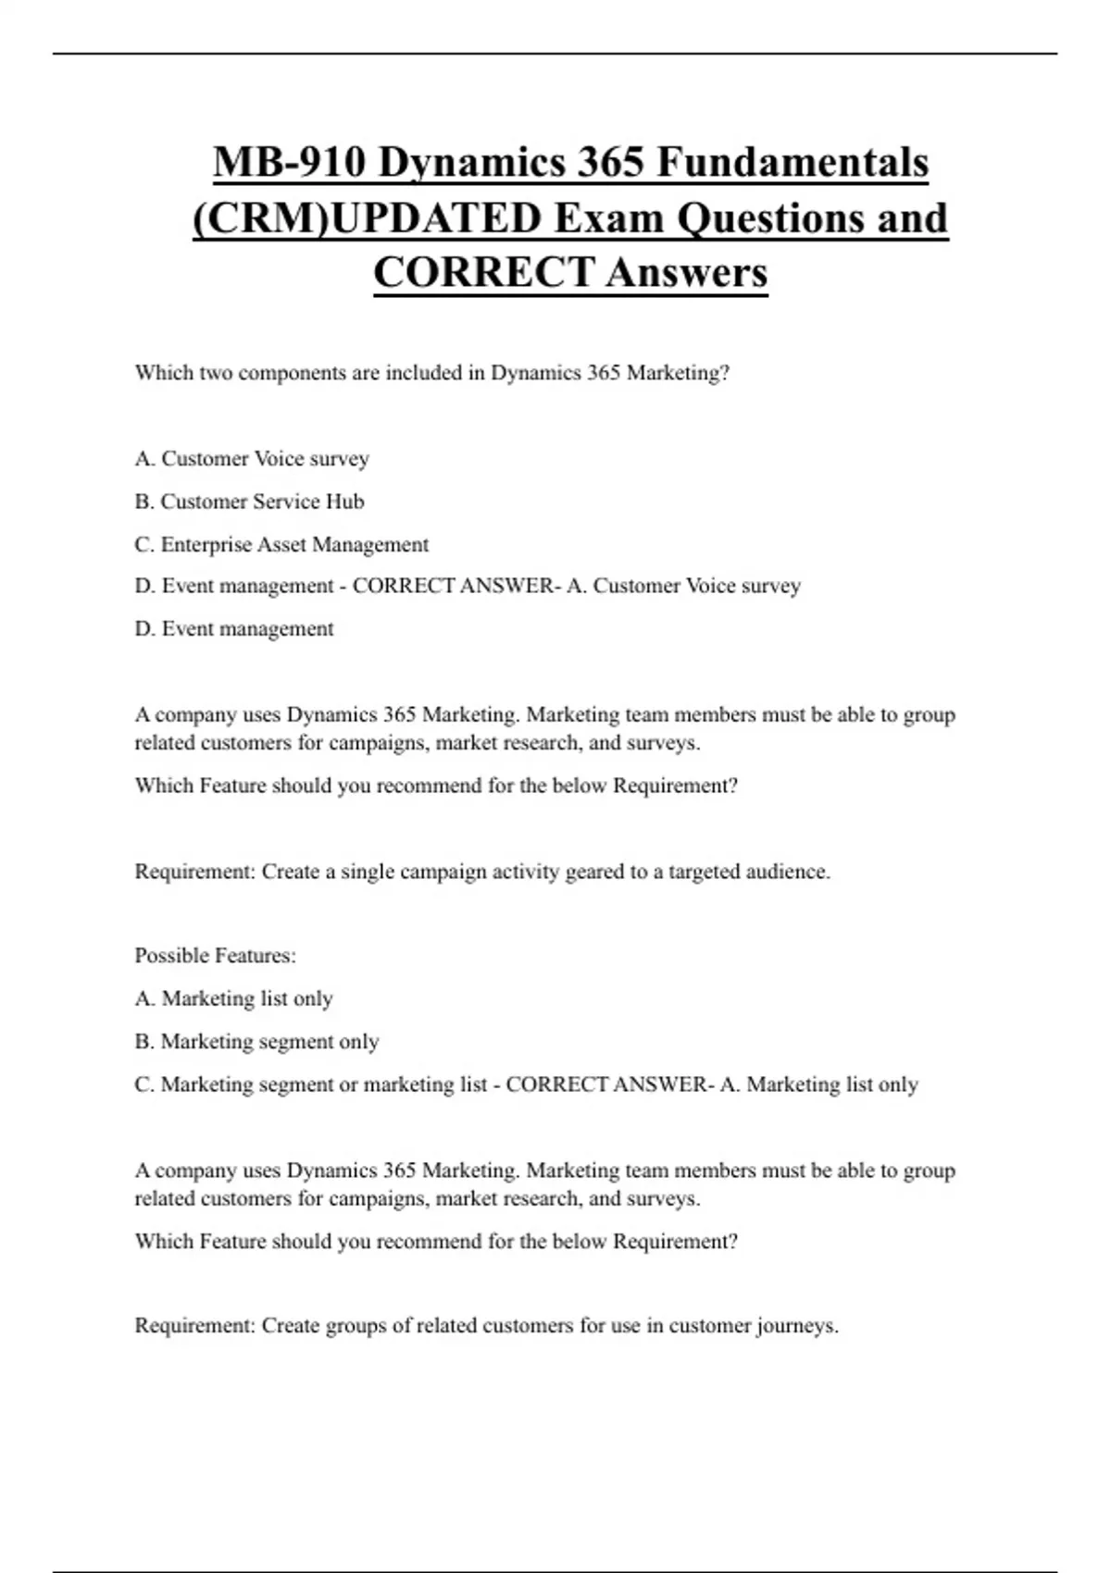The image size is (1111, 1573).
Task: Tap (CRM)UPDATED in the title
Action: coord(368,219)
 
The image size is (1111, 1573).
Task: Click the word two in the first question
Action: coord(215,373)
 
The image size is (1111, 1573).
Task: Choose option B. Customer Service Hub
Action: coord(249,502)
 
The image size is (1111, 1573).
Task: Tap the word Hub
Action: coord(345,502)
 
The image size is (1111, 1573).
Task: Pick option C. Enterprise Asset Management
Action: coord(281,545)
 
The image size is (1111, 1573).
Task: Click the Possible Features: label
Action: coord(215,956)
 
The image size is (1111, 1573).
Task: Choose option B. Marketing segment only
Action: coord(256,1042)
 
